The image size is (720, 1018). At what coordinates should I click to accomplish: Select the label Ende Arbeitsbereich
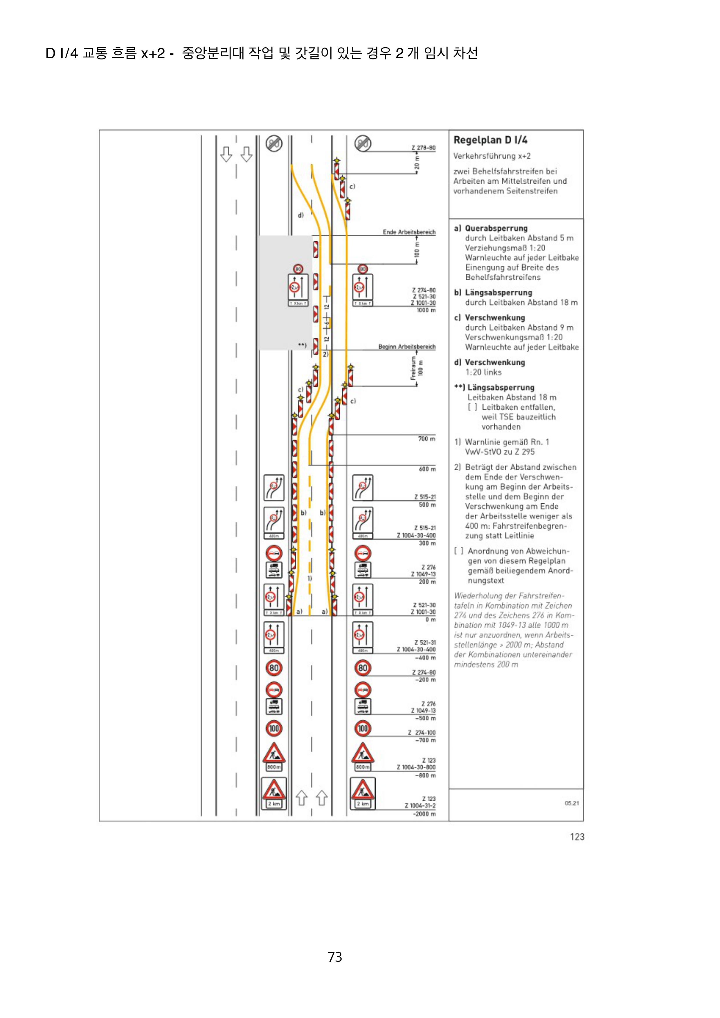409,232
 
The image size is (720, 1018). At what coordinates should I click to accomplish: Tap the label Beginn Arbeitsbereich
407,347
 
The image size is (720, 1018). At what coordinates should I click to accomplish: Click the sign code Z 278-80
423,148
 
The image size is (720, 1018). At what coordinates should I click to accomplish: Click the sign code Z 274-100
422,733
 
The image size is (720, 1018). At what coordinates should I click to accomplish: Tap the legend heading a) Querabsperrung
491,228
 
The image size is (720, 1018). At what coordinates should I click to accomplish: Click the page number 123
577,837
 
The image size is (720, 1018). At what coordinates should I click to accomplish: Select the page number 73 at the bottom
335,957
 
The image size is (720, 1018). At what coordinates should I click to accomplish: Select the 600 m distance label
427,469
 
